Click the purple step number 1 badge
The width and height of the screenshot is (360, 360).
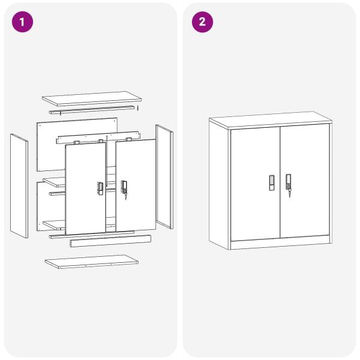(23, 22)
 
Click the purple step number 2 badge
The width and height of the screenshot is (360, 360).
(202, 22)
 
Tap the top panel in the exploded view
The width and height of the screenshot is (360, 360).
(92, 98)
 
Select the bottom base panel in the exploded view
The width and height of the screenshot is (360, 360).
(91, 262)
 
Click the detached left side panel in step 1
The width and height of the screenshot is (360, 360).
(19, 186)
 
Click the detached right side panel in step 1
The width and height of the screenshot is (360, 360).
(164, 176)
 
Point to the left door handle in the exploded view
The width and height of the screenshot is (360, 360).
(100, 188)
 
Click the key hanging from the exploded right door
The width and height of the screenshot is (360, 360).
(125, 197)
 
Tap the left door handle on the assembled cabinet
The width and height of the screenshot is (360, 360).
(272, 183)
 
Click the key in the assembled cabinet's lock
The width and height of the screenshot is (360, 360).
(289, 194)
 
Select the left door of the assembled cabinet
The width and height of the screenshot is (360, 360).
(256, 184)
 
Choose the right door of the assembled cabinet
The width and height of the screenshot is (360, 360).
(305, 181)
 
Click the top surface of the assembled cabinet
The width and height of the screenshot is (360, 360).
(271, 119)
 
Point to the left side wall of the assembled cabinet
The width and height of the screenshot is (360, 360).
(218, 184)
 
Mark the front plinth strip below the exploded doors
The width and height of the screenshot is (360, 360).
(110, 241)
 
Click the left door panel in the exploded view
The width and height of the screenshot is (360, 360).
(86, 188)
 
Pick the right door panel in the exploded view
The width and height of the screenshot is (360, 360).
(136, 185)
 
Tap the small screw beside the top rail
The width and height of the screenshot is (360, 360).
(137, 108)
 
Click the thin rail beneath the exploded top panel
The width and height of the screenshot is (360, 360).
(92, 110)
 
